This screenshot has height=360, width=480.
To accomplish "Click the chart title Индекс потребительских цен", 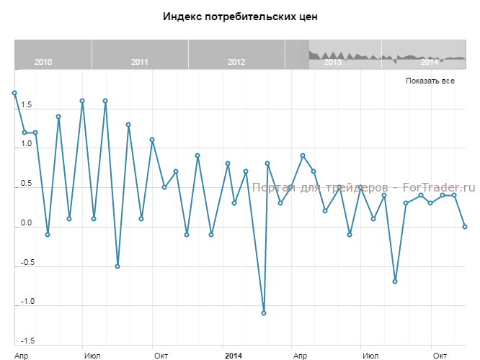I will (240, 16).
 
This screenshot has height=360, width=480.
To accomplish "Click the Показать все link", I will (430, 81).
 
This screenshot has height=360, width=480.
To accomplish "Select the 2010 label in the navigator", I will (43, 62).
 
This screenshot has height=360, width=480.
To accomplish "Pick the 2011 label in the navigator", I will (140, 62).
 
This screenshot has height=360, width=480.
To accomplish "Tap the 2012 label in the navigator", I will (236, 62).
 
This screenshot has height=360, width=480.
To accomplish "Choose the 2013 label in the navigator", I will (333, 62).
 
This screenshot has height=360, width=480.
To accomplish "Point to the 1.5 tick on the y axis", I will (25, 105).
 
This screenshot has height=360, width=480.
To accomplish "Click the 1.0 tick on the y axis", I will (25, 144).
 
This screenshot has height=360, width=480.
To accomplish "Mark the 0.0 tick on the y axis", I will (25, 222).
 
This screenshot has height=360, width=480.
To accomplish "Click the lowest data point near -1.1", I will (264, 313).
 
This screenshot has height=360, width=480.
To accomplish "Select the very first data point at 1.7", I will (14, 93).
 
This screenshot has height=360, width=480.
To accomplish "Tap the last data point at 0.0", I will (465, 227).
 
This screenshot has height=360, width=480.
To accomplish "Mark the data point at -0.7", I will (395, 282).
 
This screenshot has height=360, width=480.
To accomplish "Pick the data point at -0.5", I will (117, 266).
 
